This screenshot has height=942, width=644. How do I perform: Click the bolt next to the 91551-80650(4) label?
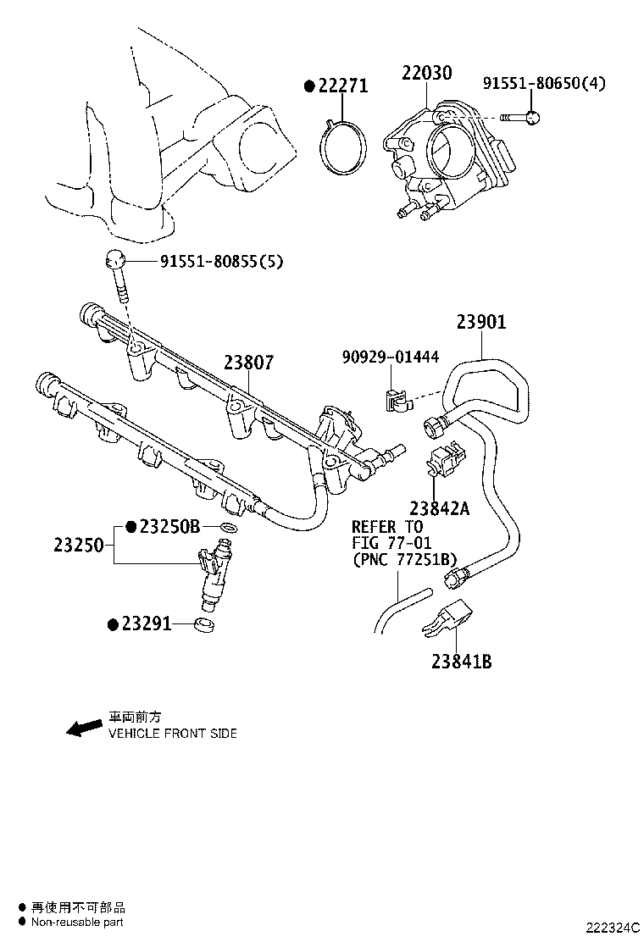(518, 117)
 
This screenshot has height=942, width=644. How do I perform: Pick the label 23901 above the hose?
(481, 323)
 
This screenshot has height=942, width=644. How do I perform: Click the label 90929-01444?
(390, 357)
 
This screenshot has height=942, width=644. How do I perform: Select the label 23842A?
(438, 508)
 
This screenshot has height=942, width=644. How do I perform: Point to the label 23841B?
(461, 662)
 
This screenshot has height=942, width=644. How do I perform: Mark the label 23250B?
(169, 526)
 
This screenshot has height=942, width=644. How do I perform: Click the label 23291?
(146, 624)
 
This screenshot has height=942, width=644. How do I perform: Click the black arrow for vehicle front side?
(84, 729)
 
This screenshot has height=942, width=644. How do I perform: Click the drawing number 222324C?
(610, 928)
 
